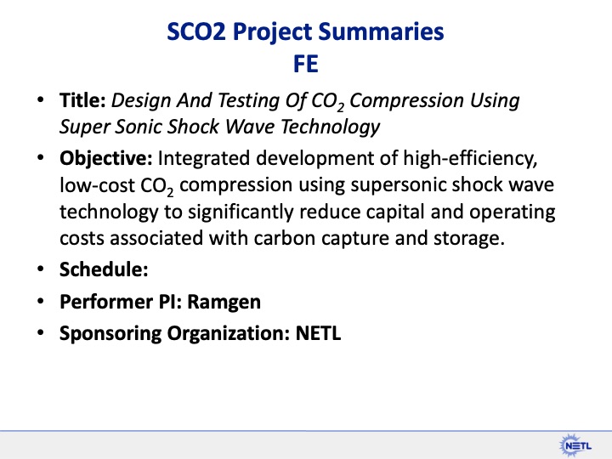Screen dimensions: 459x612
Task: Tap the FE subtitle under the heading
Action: tap(306, 65)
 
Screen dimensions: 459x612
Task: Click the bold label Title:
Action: tap(82, 101)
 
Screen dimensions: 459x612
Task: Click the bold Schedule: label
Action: tap(104, 269)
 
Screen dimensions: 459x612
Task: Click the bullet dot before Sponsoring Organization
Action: tap(41, 333)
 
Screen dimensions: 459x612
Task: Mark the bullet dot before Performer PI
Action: tap(41, 302)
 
